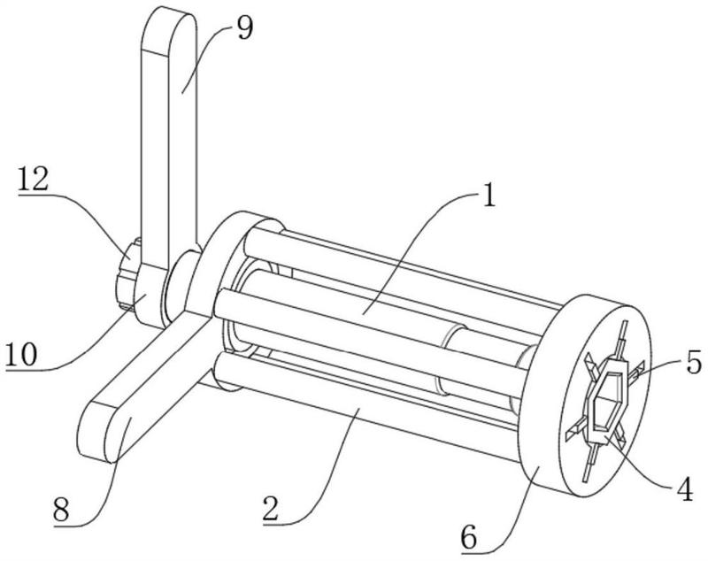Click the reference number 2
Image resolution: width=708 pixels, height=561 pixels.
[x=273, y=508]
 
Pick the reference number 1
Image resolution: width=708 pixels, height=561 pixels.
[x=489, y=196]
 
